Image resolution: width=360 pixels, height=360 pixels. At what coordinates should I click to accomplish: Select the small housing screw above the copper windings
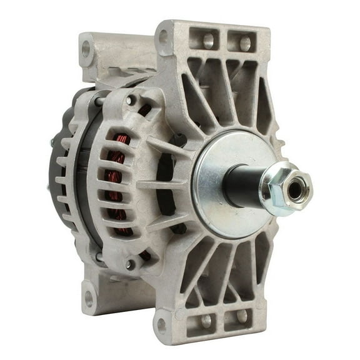[130, 99]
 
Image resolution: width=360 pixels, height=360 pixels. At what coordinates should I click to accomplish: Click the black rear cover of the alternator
[59, 169]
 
